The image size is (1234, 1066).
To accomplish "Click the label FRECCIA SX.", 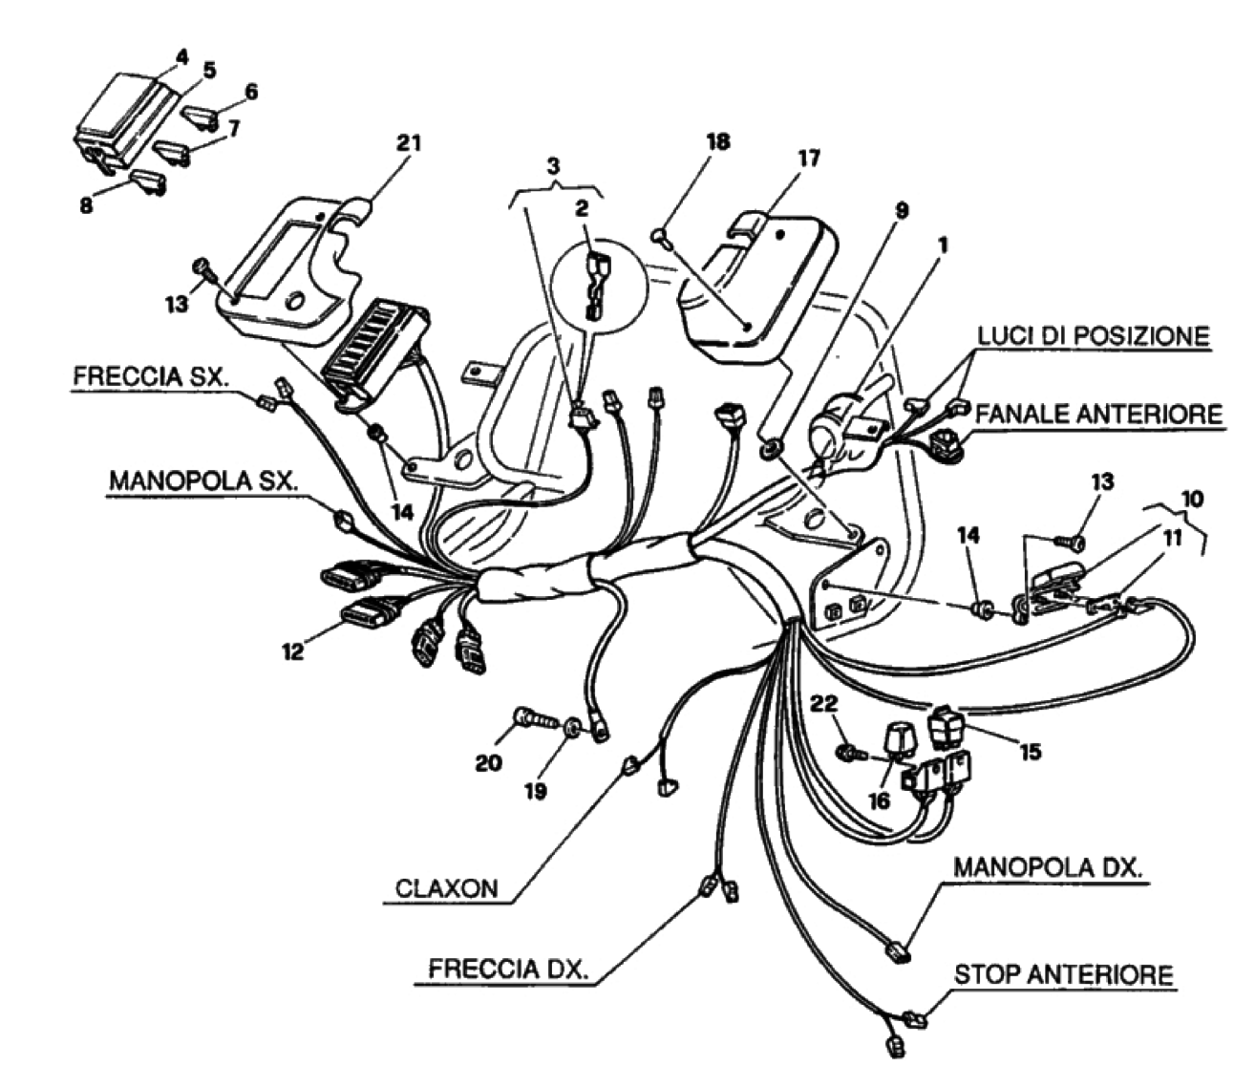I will (x=150, y=375).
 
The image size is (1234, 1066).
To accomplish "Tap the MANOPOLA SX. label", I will (x=202, y=480).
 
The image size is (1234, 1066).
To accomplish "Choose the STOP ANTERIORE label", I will (x=1063, y=974).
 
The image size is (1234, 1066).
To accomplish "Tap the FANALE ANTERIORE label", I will (x=1097, y=414).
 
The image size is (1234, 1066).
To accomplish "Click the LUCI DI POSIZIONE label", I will (x=1093, y=336).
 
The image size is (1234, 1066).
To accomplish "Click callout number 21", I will (x=408, y=143).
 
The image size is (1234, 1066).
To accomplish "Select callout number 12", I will (x=292, y=651).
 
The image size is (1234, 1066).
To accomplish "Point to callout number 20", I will (x=488, y=763).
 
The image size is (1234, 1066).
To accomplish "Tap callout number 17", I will (x=808, y=158).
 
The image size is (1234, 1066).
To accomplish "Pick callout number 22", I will (x=823, y=704).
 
